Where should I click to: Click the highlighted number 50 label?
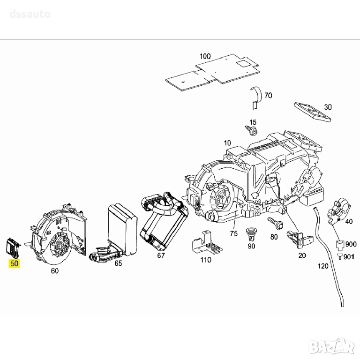(15, 263)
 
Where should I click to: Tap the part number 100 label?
(205, 57)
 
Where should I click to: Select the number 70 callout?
(268, 96)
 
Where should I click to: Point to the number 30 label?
(327, 107)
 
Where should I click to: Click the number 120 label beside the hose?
(323, 267)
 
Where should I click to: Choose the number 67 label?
(161, 255)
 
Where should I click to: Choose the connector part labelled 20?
(296, 239)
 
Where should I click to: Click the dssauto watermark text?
(30, 14)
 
